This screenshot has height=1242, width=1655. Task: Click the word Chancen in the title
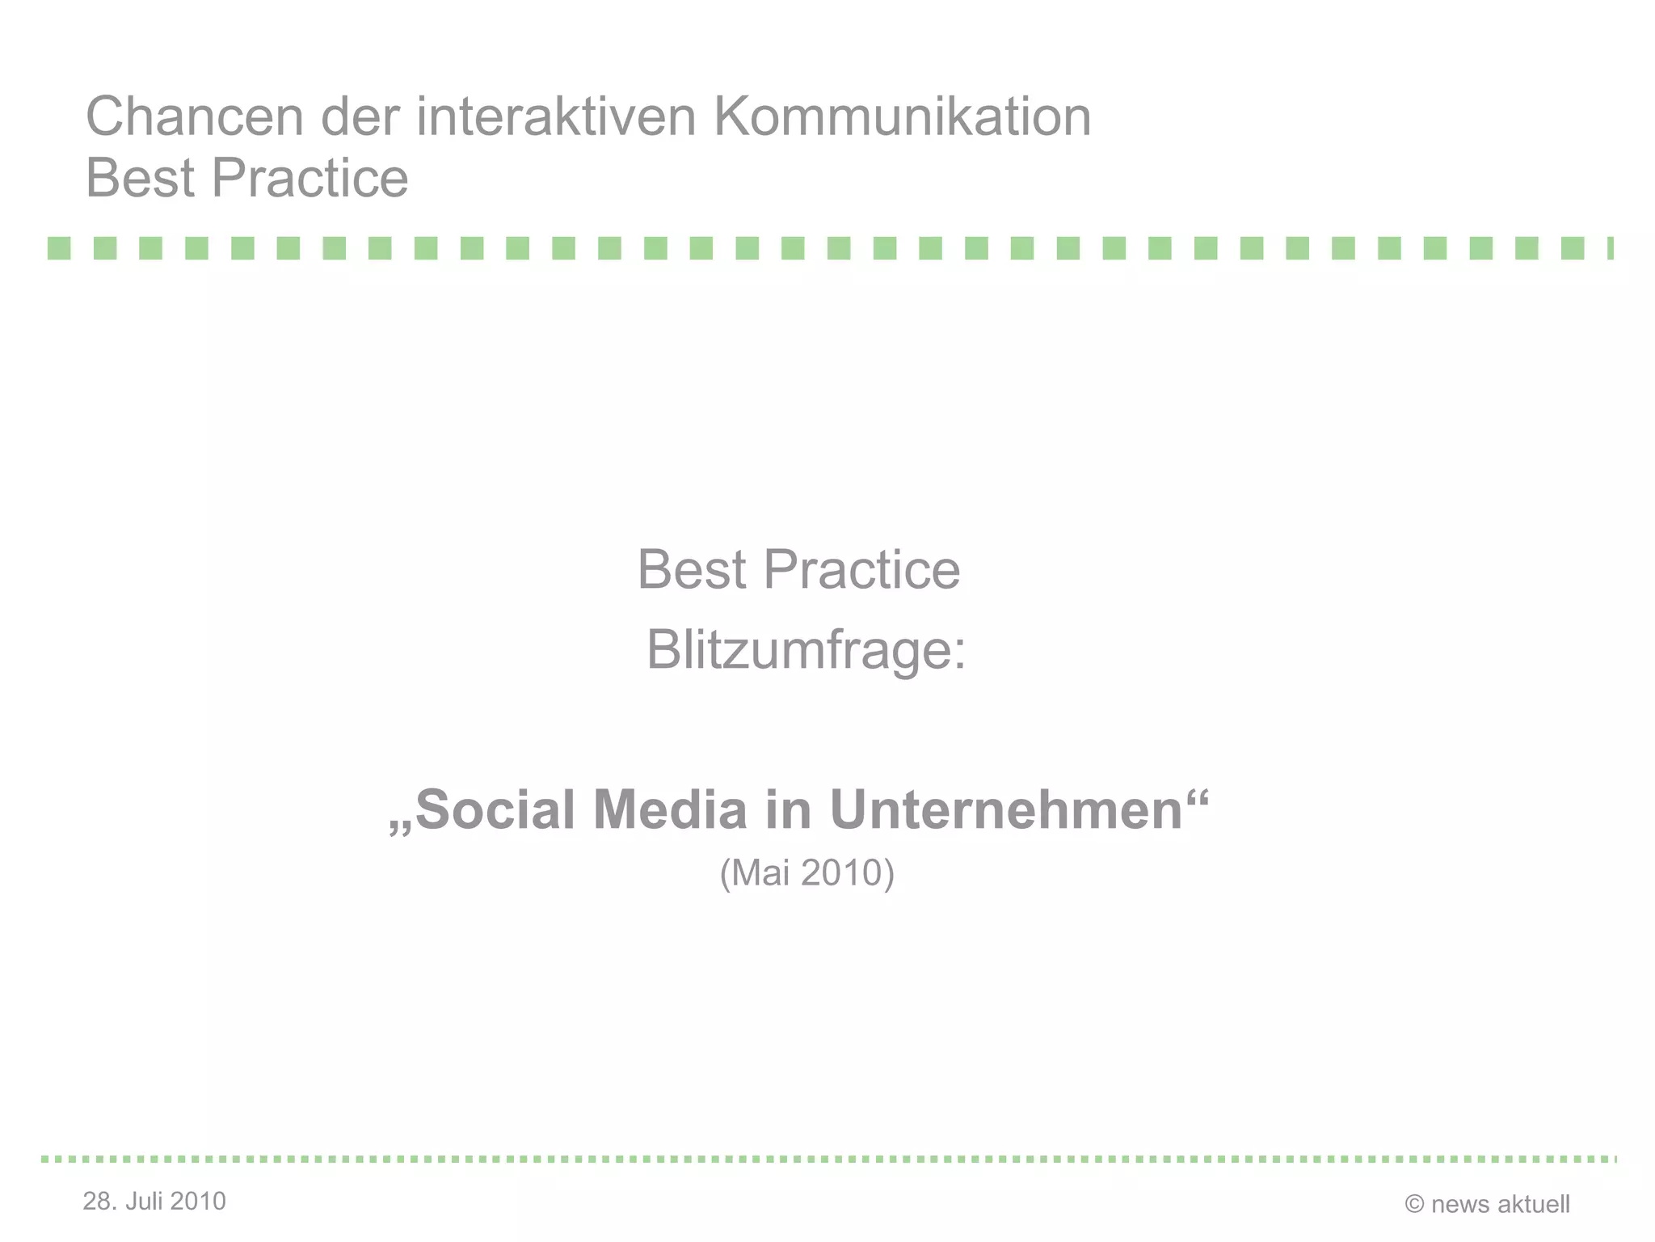(x=195, y=116)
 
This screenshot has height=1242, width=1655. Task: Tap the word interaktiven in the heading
(x=556, y=116)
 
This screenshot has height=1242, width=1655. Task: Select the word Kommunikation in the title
(x=902, y=116)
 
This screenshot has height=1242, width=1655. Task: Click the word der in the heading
(x=360, y=116)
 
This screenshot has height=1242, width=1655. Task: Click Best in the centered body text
(x=691, y=569)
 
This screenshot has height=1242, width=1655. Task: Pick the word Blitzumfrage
(x=805, y=650)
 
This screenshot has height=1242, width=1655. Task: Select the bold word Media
(x=670, y=809)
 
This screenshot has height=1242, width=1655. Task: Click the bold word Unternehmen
(x=1006, y=809)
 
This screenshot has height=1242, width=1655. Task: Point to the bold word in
(x=788, y=809)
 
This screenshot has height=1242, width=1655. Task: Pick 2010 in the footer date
(x=198, y=1202)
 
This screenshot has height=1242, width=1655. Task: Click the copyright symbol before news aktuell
(x=1414, y=1205)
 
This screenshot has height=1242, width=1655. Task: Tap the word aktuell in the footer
(x=1534, y=1205)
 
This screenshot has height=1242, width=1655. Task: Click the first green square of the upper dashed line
(x=59, y=248)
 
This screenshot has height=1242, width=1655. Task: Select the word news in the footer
(x=1459, y=1205)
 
